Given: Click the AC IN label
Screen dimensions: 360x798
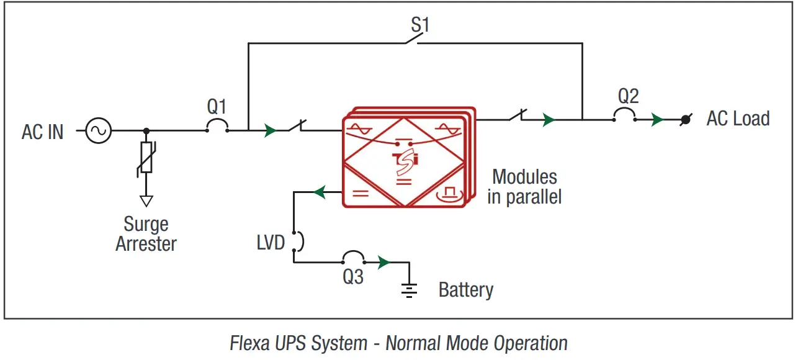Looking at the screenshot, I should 43,132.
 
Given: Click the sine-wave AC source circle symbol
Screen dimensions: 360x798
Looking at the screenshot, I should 98,131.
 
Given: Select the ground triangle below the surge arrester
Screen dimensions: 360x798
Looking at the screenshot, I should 146,200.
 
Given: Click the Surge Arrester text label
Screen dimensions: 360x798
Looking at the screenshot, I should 146,233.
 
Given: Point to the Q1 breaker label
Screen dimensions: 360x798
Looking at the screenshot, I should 217,107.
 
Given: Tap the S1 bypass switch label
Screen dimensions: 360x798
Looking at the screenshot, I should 420,25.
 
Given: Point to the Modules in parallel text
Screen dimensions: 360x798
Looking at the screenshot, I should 524,187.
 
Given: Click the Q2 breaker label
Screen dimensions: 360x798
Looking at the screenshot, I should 628,96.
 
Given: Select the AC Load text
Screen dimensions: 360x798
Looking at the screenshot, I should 738,119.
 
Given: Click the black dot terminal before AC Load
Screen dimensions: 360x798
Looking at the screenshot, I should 685,120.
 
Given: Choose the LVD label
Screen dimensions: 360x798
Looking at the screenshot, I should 271,241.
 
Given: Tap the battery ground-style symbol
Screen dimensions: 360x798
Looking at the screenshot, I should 409,290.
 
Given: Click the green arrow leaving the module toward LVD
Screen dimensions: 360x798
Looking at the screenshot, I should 319,192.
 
